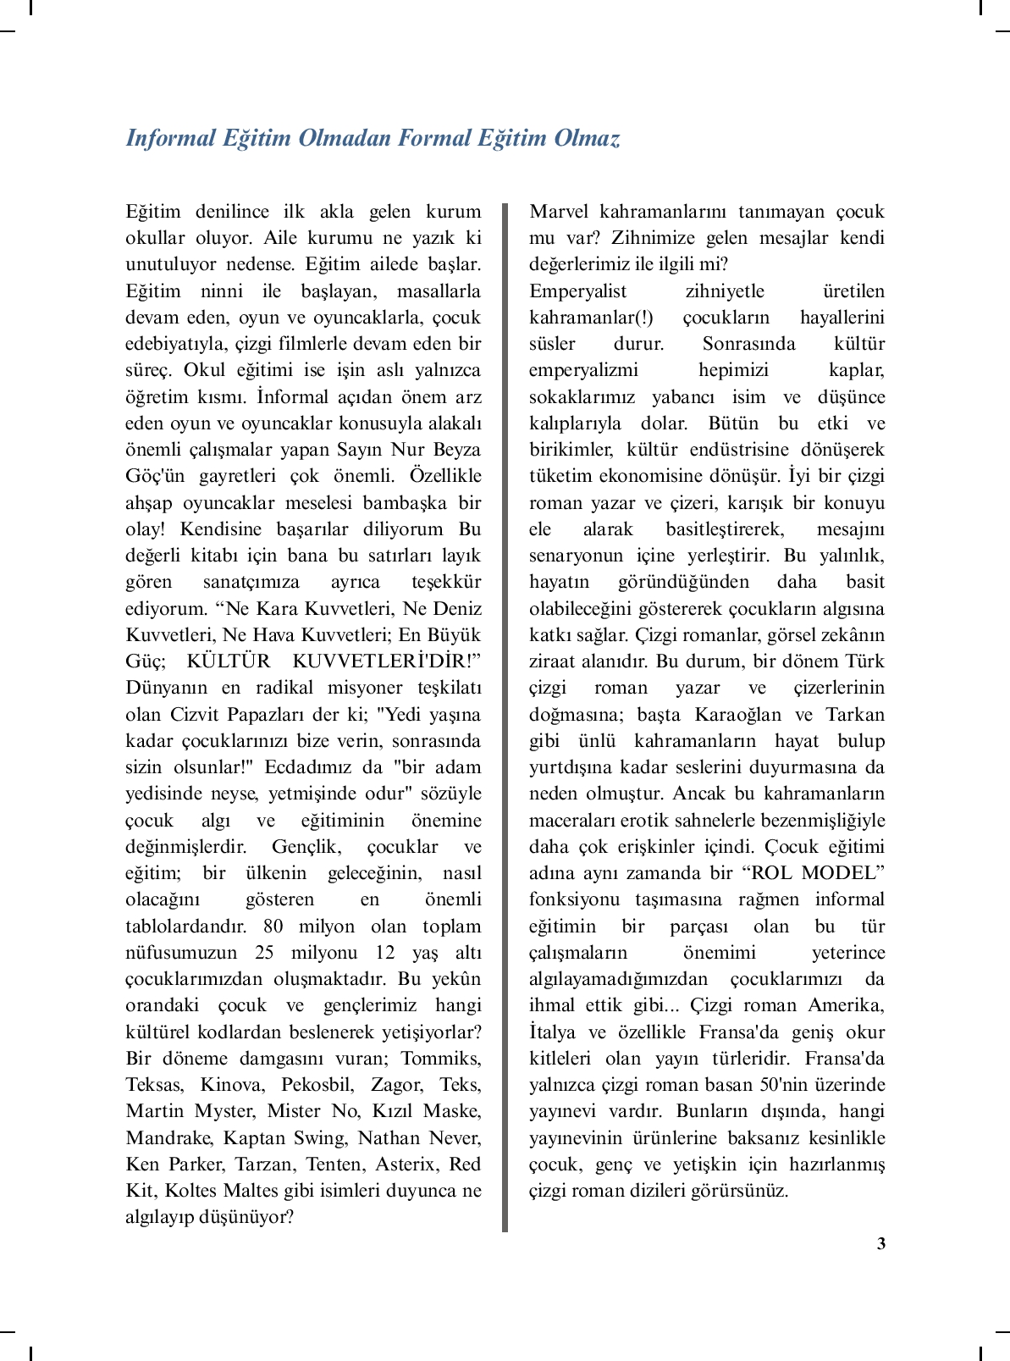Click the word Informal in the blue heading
coord(170,138)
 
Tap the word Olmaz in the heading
coord(587,138)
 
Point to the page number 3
coord(881,1243)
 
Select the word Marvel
coord(559,211)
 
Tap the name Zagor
coord(397,1084)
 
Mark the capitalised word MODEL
coord(843,872)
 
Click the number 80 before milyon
coord(273,926)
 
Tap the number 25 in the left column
coord(264,952)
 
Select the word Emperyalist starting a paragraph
coord(578,290)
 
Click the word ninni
coord(221,290)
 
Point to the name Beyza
coord(456,449)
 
